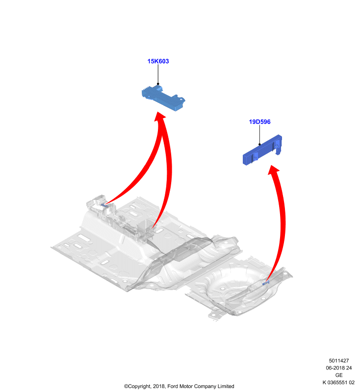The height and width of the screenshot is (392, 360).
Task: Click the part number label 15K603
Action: [x=158, y=61]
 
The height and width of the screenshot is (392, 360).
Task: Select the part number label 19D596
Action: [x=259, y=122]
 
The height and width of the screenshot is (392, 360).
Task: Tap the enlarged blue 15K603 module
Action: [x=163, y=98]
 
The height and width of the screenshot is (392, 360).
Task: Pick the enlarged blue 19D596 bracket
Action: [x=262, y=150]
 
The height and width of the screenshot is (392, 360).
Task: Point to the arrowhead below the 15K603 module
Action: [x=159, y=118]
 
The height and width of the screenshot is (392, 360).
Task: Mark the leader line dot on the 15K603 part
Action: [x=158, y=84]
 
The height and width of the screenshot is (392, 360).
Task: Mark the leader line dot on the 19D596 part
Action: [x=259, y=144]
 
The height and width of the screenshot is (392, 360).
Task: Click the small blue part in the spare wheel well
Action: [x=266, y=283]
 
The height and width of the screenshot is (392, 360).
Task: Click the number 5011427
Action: [x=339, y=361]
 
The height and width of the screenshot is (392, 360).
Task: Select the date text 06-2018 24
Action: [x=339, y=368]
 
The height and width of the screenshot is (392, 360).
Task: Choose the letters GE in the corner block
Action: [x=339, y=375]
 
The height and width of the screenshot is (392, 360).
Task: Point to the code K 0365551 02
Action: [x=338, y=382]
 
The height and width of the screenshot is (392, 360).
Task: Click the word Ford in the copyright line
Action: [x=173, y=386]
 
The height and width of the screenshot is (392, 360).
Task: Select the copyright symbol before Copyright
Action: [x=126, y=387]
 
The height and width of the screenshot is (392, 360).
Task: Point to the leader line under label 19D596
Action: [x=259, y=134]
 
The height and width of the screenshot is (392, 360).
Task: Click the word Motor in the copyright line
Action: [x=186, y=386]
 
